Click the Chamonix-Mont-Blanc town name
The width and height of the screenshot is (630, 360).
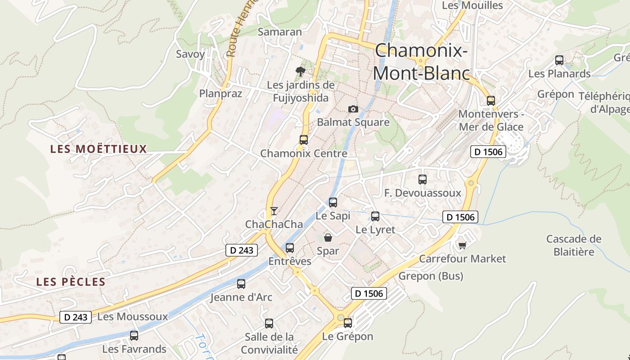(x=421, y=62)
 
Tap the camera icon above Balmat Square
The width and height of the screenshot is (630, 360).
(x=353, y=109)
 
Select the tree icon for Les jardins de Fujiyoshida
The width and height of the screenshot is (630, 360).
(x=300, y=71)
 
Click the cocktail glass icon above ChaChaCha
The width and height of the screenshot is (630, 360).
(x=274, y=211)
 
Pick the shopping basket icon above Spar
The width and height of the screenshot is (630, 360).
(x=328, y=238)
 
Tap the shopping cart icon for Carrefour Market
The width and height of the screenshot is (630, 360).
(x=462, y=245)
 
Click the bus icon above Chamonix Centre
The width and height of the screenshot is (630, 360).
(x=304, y=139)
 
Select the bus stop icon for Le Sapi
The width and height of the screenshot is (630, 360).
(x=333, y=202)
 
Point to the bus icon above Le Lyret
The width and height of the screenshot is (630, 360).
(x=375, y=216)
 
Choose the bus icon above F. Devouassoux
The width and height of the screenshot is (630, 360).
(x=423, y=180)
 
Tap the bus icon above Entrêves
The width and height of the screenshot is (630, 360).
(x=290, y=248)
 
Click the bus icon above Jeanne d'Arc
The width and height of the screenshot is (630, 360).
(x=241, y=284)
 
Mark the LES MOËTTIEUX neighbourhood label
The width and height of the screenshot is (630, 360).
(x=99, y=149)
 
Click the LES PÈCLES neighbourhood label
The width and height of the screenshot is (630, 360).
(x=71, y=282)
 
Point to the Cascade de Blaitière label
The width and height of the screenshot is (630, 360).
(x=574, y=245)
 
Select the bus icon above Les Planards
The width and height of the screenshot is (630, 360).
(x=559, y=60)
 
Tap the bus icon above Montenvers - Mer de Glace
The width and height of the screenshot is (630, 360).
(x=491, y=101)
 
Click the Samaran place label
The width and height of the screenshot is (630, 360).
(x=279, y=32)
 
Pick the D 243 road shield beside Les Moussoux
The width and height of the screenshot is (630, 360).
(x=76, y=317)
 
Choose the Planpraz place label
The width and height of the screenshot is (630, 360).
(x=220, y=94)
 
